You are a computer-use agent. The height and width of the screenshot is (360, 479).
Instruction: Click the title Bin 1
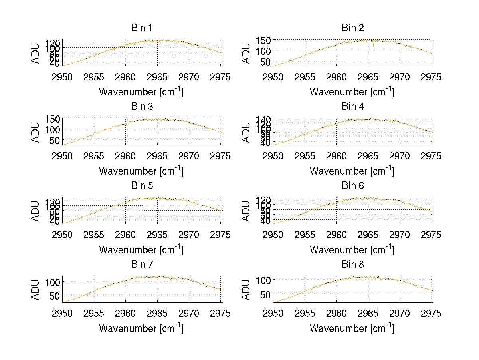point(142,28)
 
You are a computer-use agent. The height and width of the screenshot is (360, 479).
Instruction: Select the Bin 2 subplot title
point(352,28)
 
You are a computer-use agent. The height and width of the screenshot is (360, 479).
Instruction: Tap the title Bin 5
point(142,186)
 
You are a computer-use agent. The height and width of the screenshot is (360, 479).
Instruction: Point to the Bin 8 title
point(352,265)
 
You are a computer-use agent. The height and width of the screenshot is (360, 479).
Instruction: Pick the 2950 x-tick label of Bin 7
point(63,314)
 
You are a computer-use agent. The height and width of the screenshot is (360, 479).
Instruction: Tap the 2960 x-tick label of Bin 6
point(336,235)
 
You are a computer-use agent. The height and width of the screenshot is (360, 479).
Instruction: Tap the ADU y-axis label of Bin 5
point(36,210)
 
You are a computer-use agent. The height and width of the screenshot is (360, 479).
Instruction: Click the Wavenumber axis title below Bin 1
point(142,92)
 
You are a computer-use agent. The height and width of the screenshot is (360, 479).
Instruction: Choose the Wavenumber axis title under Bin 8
point(352,328)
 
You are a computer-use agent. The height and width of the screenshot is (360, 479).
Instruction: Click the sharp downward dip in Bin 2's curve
point(374,46)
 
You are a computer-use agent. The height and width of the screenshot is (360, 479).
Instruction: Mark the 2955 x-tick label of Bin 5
point(94,235)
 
